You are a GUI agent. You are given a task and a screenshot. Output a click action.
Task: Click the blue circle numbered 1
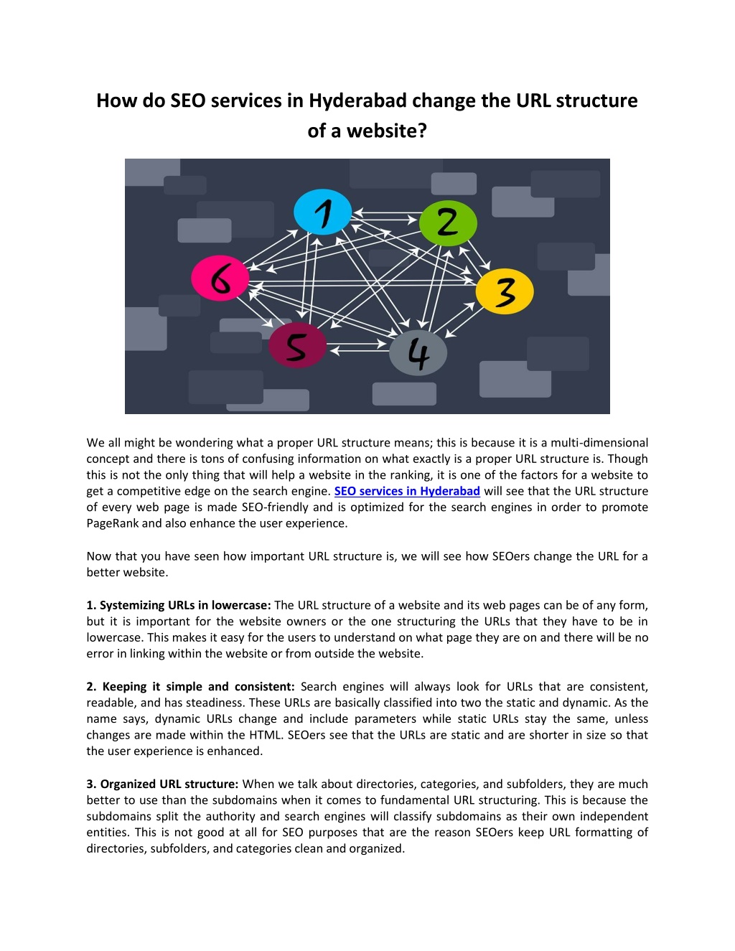pyautogui.click(x=322, y=212)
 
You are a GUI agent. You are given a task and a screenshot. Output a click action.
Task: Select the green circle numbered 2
pyautogui.click(x=448, y=222)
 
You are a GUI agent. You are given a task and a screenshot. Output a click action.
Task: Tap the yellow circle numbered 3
pyautogui.click(x=505, y=291)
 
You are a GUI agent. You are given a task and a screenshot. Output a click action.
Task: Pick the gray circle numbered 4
pyautogui.click(x=418, y=352)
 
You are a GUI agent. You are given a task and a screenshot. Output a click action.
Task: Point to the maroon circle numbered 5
pyautogui.click(x=297, y=345)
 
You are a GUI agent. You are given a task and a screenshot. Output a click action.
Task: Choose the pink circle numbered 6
pyautogui.click(x=220, y=278)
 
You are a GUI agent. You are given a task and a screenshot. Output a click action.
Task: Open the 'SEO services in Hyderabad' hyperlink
pyautogui.click(x=407, y=491)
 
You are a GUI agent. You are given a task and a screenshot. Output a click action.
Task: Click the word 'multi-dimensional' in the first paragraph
pyautogui.click(x=599, y=442)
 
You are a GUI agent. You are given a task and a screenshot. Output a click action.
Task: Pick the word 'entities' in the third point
pyautogui.click(x=107, y=832)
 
